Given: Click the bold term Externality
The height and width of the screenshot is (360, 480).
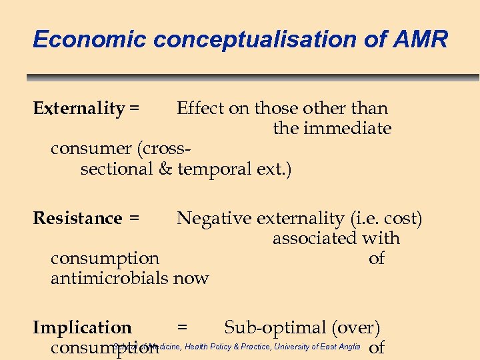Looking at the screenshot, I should pos(79,108).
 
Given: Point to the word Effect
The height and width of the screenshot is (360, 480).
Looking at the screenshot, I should pos(200,108).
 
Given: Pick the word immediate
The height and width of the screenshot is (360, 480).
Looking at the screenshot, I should pos(347,128).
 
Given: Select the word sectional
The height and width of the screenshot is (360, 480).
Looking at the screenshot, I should pos(117,169).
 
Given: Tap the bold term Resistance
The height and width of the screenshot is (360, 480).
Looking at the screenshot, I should pos(77,218).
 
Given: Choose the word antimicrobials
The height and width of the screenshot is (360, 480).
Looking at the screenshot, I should pos(109,278).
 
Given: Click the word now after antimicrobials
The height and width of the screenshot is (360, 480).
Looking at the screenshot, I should pos(191,278).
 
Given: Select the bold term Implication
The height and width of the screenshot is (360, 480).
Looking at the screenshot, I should pos(82,328).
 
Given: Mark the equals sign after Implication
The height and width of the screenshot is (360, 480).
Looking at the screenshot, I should pos(182,328).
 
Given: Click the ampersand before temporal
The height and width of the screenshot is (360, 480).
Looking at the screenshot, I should pos(165,169).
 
